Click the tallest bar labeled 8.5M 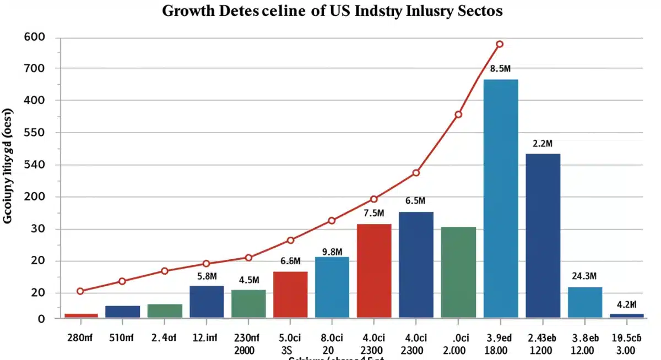point(501,198)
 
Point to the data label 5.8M point(207,276)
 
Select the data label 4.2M point(627,304)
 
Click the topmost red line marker point(500,44)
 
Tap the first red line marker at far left point(80,291)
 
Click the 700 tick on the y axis point(34,69)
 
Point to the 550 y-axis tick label point(34,133)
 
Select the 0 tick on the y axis point(41,319)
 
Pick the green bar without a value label point(458,272)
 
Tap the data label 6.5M point(416,201)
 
